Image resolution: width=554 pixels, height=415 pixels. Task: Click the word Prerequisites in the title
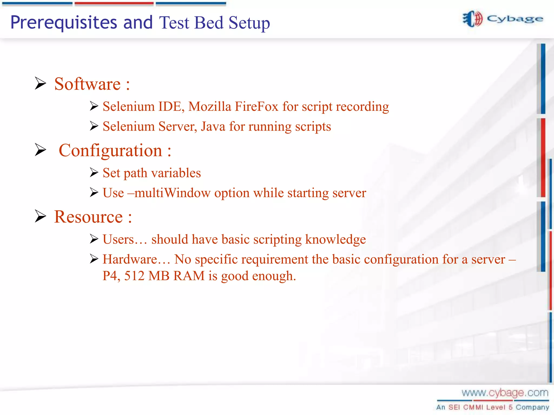pyautogui.click(x=64, y=23)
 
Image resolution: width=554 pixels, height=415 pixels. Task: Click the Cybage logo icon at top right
pyautogui.click(x=472, y=19)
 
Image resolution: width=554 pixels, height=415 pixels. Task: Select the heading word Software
pyautogui.click(x=87, y=84)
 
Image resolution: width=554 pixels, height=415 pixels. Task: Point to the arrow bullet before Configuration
pyautogui.click(x=41, y=150)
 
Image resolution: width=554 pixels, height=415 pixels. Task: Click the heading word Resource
pyautogui.click(x=88, y=217)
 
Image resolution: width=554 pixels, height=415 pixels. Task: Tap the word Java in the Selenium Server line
pyautogui.click(x=213, y=126)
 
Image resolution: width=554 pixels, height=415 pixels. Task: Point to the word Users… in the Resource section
pyautogui.click(x=125, y=239)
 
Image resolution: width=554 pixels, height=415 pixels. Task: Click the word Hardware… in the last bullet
pyautogui.click(x=136, y=259)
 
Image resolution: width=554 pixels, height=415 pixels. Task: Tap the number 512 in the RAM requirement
pyautogui.click(x=134, y=276)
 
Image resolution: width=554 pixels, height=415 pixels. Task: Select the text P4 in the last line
pyautogui.click(x=111, y=276)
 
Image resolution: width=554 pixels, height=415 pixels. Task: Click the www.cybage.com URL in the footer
pyautogui.click(x=505, y=393)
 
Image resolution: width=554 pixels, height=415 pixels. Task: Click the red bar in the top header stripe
pyautogui.click(x=114, y=4)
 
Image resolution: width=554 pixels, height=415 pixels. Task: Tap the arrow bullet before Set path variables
pyautogui.click(x=94, y=172)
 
